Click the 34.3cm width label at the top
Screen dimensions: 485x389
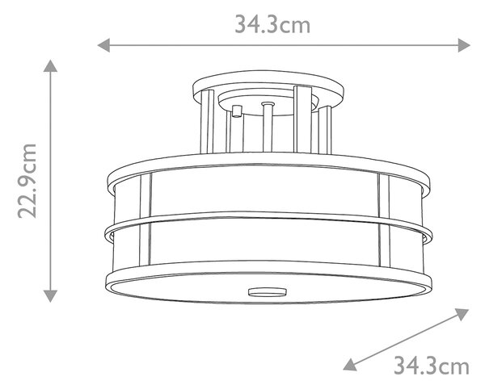click(272, 25)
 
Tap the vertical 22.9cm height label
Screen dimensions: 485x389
click(27, 181)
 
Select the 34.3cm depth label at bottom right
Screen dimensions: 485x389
click(431, 366)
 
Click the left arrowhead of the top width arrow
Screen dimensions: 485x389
click(103, 45)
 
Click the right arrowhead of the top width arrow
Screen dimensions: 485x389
click(464, 45)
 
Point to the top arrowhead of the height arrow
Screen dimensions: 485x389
click(50, 65)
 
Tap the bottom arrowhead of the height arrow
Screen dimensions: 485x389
click(50, 296)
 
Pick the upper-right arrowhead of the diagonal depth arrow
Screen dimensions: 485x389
click(462, 314)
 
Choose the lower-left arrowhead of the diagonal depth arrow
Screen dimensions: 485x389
click(350, 366)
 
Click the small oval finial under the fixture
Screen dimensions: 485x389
click(268, 293)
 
